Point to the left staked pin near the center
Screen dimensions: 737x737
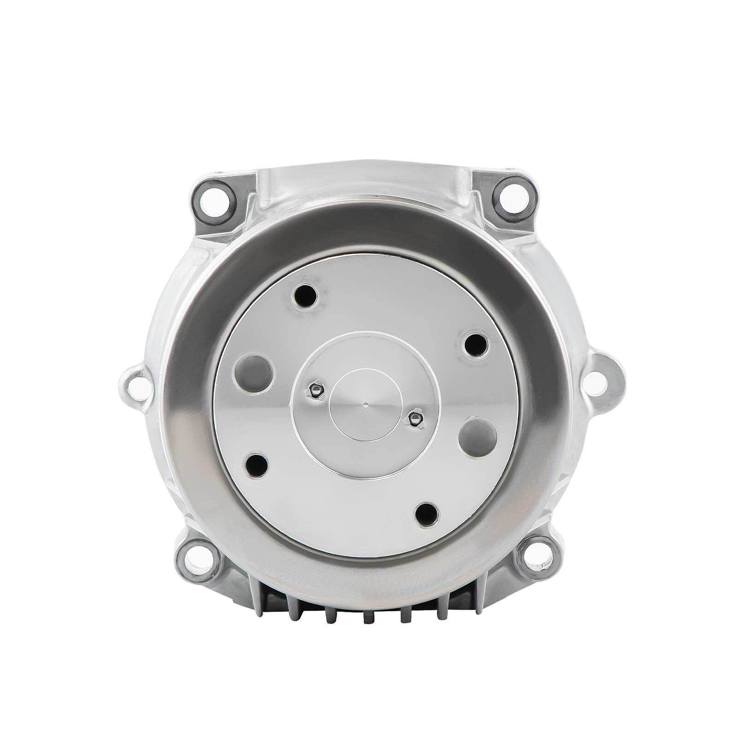316,391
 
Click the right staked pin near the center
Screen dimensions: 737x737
416,417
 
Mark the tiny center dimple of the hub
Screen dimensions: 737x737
365,405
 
